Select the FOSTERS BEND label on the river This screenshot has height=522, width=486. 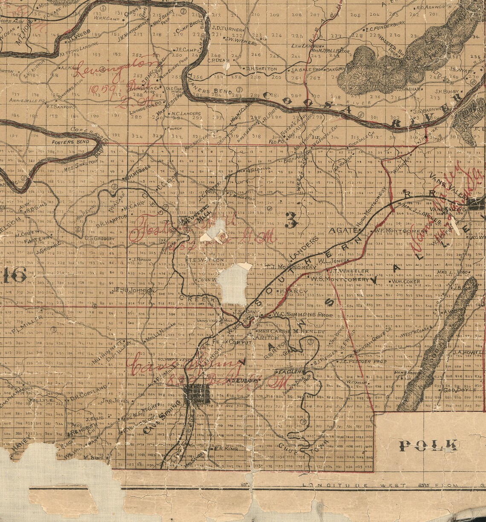pyautogui.click(x=64, y=142)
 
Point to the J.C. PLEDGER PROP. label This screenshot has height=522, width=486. pyautogui.click(x=362, y=361)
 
